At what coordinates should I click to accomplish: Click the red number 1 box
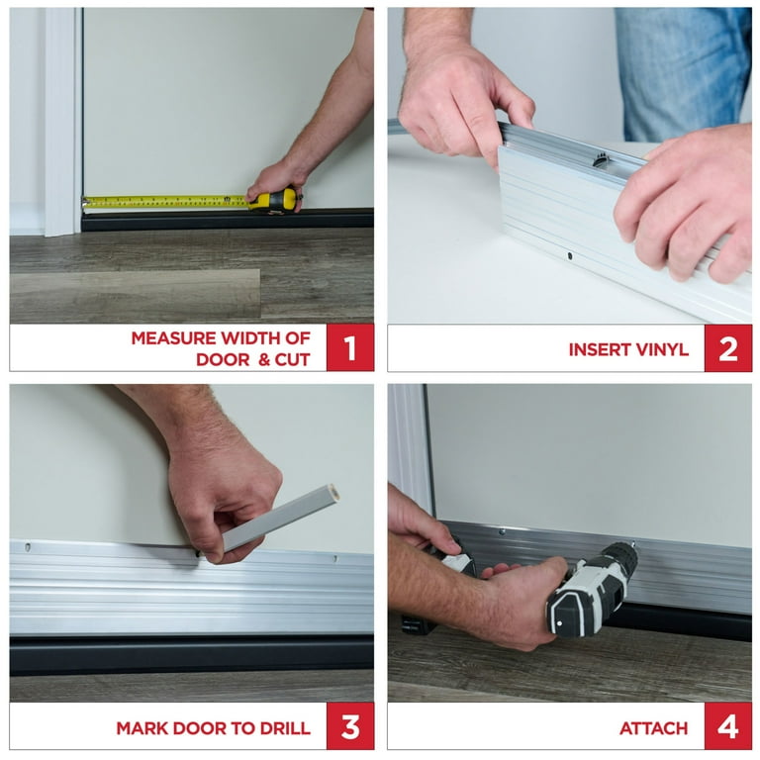pyautogui.click(x=350, y=347)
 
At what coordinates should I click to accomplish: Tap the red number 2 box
pyautogui.click(x=728, y=348)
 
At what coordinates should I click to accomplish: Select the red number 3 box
pyautogui.click(x=350, y=726)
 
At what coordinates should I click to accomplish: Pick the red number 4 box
pyautogui.click(x=728, y=726)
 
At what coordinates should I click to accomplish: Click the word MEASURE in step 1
pyautogui.click(x=173, y=337)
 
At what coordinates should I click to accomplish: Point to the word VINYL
pyautogui.click(x=664, y=349)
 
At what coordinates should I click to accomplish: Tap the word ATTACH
pyautogui.click(x=653, y=728)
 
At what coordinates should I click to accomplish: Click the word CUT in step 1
pyautogui.click(x=292, y=359)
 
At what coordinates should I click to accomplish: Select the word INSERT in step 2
pyautogui.click(x=601, y=349)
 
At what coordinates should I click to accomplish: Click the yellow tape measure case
pyautogui.click(x=274, y=200)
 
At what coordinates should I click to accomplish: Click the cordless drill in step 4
pyautogui.click(x=592, y=588)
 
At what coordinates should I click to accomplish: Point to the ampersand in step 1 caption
pyautogui.click(x=264, y=359)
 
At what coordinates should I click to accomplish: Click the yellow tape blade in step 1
pyautogui.click(x=165, y=202)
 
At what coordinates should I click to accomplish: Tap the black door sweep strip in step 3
pyautogui.click(x=191, y=654)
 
